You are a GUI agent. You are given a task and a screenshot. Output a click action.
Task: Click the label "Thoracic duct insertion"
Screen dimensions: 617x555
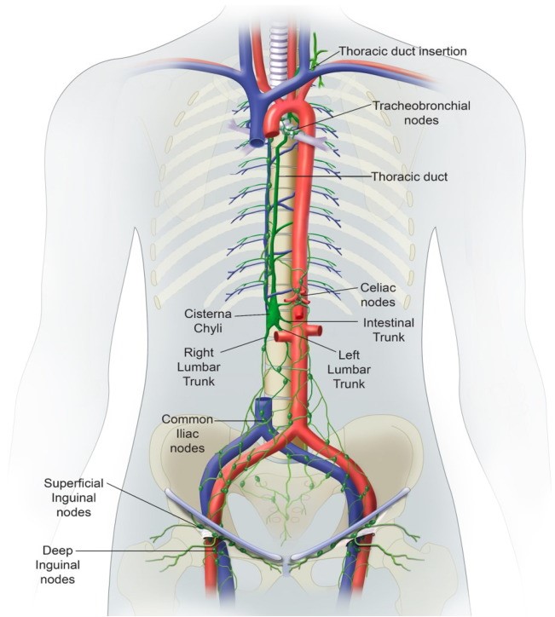[x=403, y=51]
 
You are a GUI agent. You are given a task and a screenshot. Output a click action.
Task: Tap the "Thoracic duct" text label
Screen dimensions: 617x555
[x=409, y=177]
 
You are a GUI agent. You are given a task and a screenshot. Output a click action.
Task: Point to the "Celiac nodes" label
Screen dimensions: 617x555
[x=377, y=295]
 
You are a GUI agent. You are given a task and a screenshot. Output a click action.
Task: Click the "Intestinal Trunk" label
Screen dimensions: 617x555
[x=389, y=331]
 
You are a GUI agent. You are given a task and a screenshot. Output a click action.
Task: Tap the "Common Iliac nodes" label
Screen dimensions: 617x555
[x=189, y=433]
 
